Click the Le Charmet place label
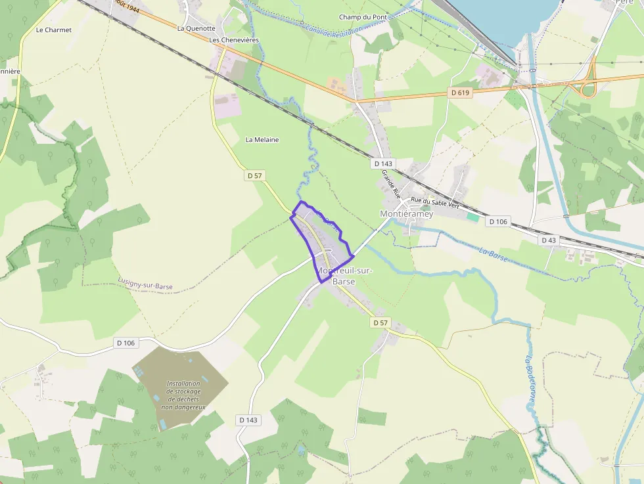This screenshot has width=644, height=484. coord(54,30)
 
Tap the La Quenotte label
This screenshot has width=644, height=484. coord(196,29)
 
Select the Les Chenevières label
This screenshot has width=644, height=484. coord(234,40)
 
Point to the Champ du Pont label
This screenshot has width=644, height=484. coord(363,17)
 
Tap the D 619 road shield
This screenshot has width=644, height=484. coord(460,93)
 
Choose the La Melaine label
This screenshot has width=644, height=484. coord(262,140)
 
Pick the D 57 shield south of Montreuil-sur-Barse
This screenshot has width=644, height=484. coord(380,322)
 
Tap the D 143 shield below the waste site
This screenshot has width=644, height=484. coord(248,420)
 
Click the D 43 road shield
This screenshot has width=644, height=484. coord(549,240)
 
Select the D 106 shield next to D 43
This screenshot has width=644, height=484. coord(498,222)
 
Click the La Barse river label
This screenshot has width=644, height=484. coord(494,255)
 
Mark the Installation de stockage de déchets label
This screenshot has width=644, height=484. coord(183,395)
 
